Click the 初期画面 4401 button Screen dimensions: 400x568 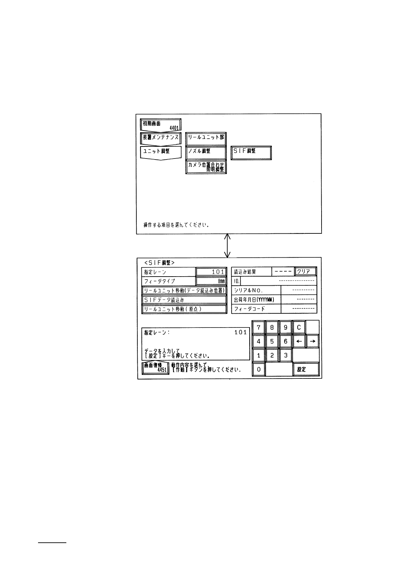click(x=161, y=125)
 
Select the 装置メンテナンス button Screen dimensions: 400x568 click(x=161, y=138)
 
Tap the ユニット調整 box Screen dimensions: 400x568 click(x=161, y=152)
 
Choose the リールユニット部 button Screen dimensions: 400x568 click(x=206, y=138)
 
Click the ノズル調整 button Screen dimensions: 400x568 click(x=206, y=152)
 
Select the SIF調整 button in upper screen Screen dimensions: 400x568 click(x=251, y=152)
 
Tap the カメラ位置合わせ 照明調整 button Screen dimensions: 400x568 click(x=206, y=167)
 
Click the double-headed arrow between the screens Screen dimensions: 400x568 click(x=227, y=246)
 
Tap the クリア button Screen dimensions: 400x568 click(x=305, y=272)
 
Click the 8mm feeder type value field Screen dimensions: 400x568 click(x=211, y=281)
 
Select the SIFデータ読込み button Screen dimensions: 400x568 click(x=184, y=300)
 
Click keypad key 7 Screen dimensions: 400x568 click(x=259, y=328)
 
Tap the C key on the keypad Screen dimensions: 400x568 click(x=299, y=328)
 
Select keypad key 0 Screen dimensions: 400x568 click(x=259, y=369)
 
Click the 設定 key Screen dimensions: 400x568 click(x=305, y=369)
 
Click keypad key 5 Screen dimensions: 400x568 click(x=272, y=341)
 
